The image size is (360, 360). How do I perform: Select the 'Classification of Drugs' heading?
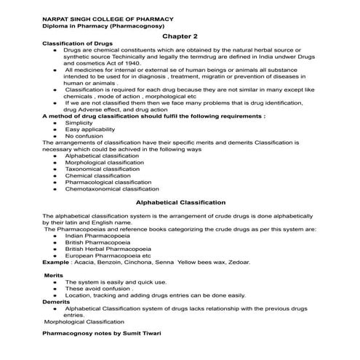point(75,44)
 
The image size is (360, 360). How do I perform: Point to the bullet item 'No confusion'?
point(84,136)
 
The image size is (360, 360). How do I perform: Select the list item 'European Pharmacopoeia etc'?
point(108,255)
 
